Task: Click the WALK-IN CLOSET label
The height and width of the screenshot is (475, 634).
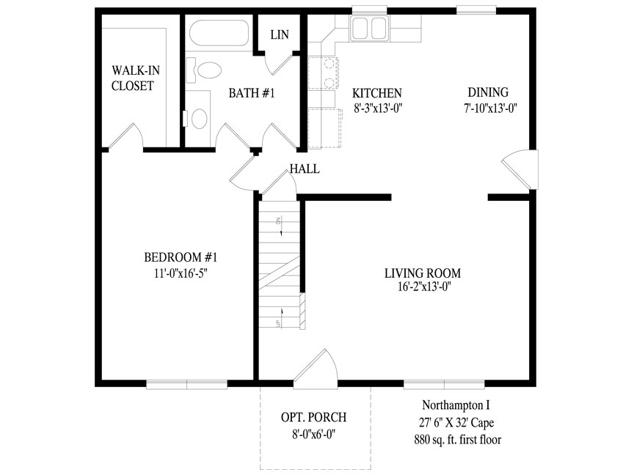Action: tap(136, 78)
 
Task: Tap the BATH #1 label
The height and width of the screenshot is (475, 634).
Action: tap(252, 93)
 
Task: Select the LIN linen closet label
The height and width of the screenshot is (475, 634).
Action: tap(280, 34)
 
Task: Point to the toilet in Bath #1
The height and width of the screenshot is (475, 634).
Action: tap(204, 70)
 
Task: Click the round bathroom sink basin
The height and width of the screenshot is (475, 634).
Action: tap(199, 118)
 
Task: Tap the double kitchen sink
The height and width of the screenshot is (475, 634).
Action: tap(370, 28)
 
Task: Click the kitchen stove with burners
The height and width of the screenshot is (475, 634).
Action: tap(323, 73)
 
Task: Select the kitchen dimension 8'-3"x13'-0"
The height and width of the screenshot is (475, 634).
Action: tap(377, 108)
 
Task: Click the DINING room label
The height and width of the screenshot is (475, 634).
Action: tap(488, 92)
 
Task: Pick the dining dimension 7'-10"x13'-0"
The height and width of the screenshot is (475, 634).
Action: tap(490, 108)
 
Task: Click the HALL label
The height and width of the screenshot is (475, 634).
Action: tap(305, 169)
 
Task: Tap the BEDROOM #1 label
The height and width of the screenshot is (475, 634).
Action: tap(181, 257)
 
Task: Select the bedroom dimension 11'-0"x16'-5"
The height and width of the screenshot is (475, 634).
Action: tap(181, 273)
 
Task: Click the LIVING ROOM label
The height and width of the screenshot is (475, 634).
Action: tap(423, 273)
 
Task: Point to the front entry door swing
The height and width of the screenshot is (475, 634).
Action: tap(316, 369)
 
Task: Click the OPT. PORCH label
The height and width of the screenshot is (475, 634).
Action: tap(314, 417)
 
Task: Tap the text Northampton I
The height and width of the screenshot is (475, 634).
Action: tap(456, 405)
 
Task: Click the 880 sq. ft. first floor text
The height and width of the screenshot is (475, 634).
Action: tap(458, 440)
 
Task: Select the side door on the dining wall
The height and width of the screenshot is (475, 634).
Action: tap(520, 169)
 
